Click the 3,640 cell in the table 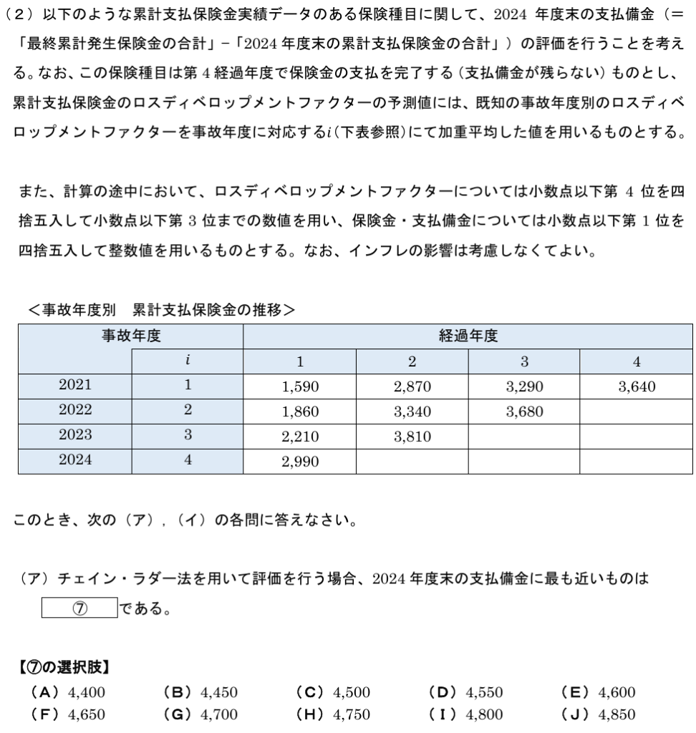pos(637,387)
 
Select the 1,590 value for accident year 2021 pos(300,387)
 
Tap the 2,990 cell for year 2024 pos(300,462)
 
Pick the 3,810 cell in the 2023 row pos(412,437)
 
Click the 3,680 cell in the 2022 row pos(524,412)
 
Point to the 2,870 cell pos(412,387)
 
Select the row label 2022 pos(75,412)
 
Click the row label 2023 pos(75,437)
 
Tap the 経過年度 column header pos(468,336)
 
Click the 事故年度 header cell pos(130,336)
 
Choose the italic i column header pos(188,361)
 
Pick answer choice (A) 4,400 pos(68,692)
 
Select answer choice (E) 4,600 pos(599,692)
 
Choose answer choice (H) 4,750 pos(333,714)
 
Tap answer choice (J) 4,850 pos(599,714)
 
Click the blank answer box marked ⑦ pos(79,608)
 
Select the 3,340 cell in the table pos(412,412)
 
